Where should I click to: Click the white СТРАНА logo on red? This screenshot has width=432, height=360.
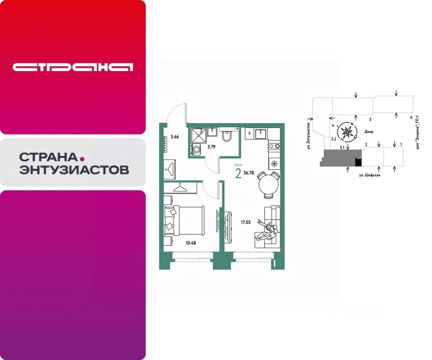[73, 67]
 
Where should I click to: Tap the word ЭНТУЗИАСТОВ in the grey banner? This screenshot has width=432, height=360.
[74, 169]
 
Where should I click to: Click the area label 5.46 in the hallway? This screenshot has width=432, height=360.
[175, 136]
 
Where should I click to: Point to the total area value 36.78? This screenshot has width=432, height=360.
[249, 172]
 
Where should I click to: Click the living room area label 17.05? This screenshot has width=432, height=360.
[246, 222]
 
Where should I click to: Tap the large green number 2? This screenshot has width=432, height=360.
[238, 174]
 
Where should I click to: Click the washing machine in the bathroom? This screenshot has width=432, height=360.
[197, 149]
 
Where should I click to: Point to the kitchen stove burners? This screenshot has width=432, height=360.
[274, 146]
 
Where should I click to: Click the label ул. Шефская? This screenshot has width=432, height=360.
[369, 175]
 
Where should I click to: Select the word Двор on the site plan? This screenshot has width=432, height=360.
[369, 132]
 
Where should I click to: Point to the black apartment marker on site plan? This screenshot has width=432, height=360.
[358, 162]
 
